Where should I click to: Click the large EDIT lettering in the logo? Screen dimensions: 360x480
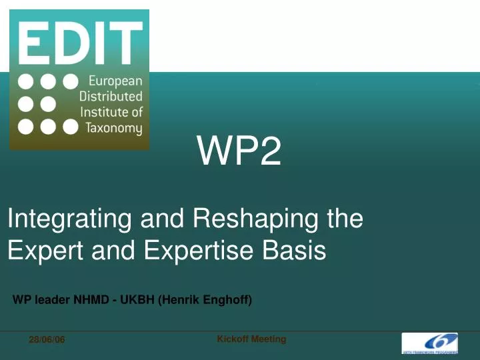click(x=79, y=42)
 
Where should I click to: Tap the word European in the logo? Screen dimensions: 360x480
click(x=111, y=81)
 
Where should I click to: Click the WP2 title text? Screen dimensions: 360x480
click(x=239, y=154)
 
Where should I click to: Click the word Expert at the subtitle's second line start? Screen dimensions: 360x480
click(x=39, y=251)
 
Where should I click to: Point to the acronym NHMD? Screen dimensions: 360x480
click(x=92, y=300)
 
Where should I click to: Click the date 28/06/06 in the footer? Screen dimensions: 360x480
click(x=47, y=341)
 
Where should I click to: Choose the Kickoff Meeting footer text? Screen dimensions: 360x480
click(x=251, y=339)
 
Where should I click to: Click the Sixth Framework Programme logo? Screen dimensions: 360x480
click(x=429, y=342)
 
